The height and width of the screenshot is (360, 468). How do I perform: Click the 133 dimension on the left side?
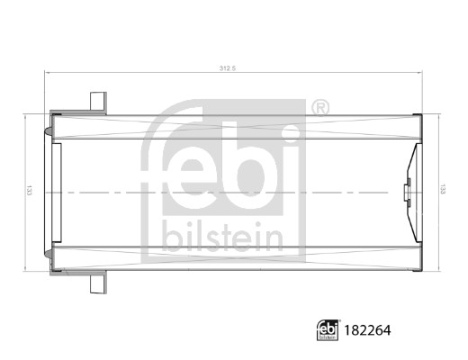click(30, 191)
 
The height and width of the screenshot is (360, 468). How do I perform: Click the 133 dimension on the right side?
click(441, 190)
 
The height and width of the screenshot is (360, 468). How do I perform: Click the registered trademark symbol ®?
click(319, 109)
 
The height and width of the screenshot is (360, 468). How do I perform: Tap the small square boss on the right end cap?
click(407, 191)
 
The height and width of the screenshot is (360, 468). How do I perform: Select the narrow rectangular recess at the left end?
click(56, 191)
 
